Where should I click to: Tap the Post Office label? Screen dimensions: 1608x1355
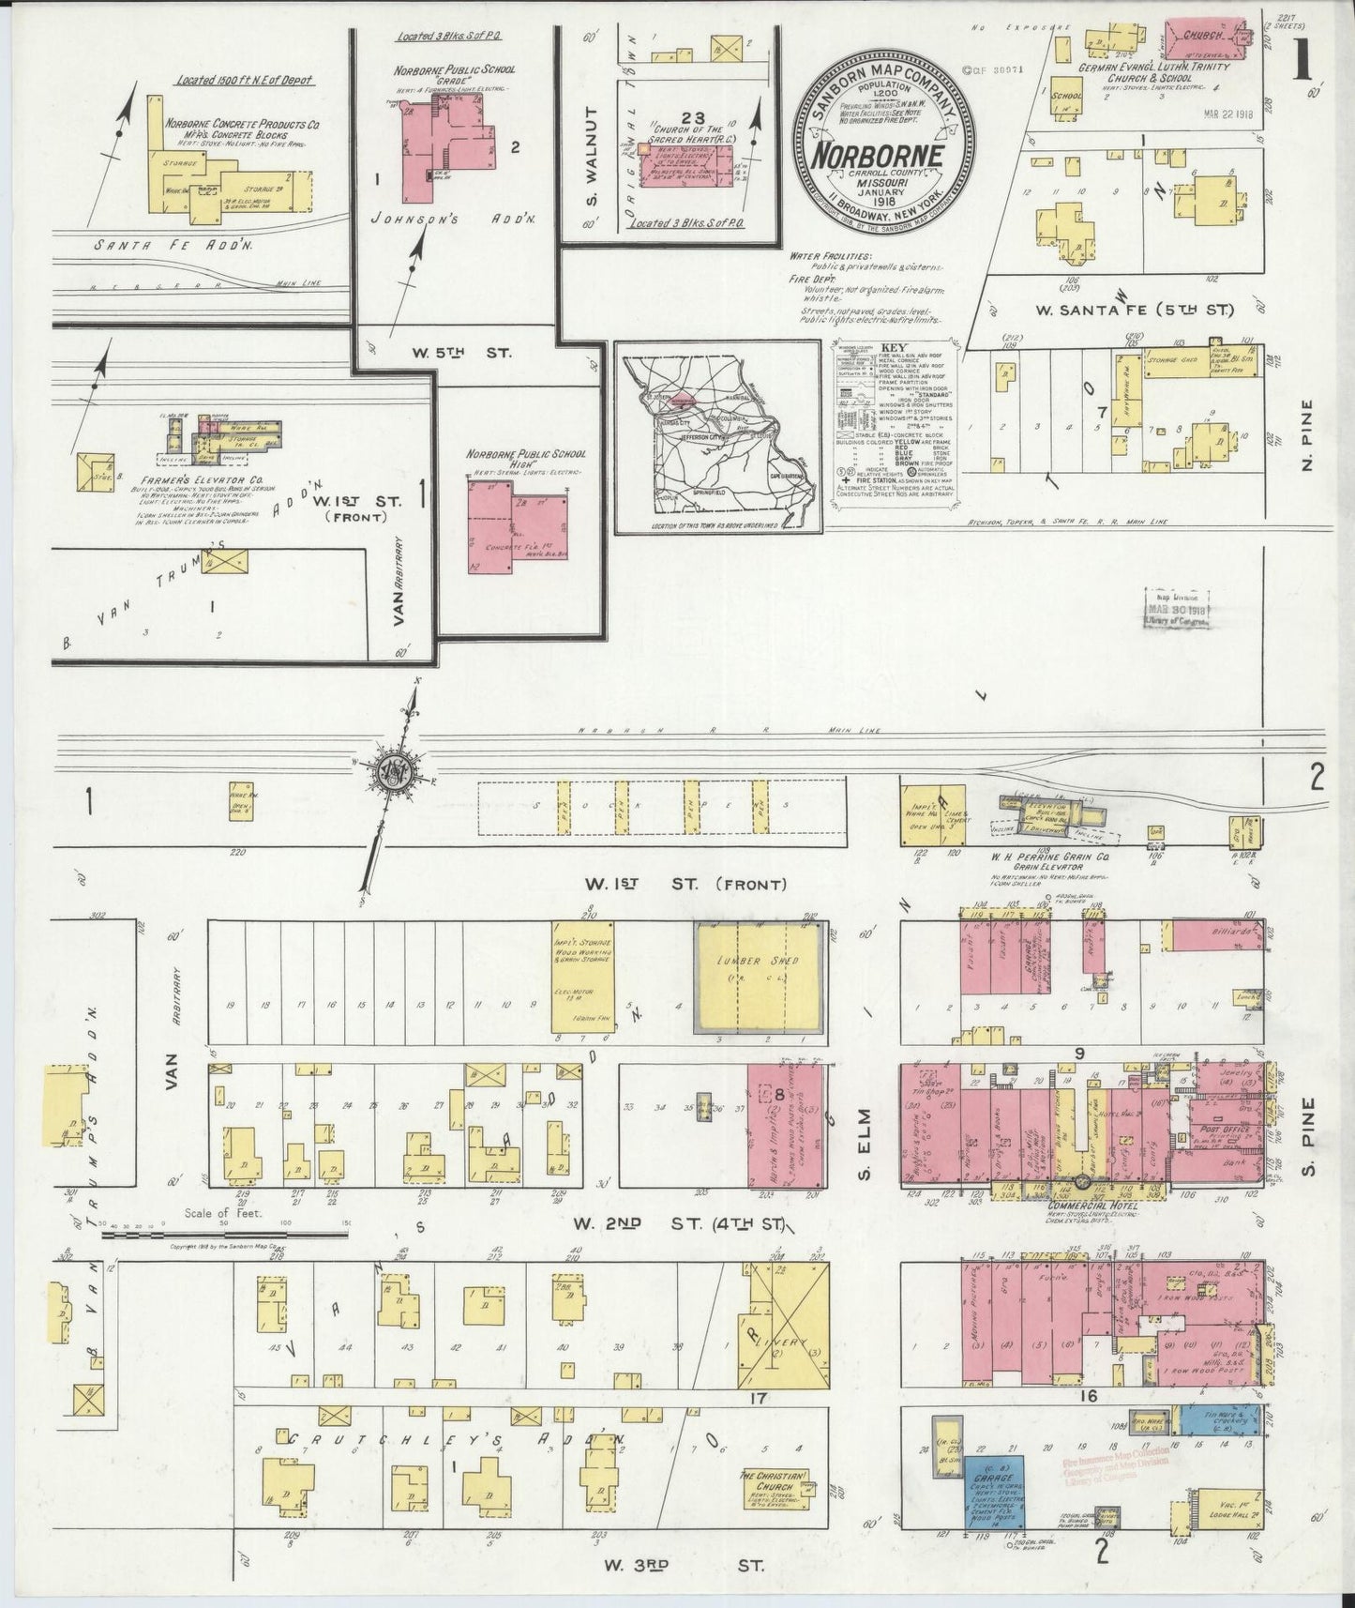click(x=1221, y=1134)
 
